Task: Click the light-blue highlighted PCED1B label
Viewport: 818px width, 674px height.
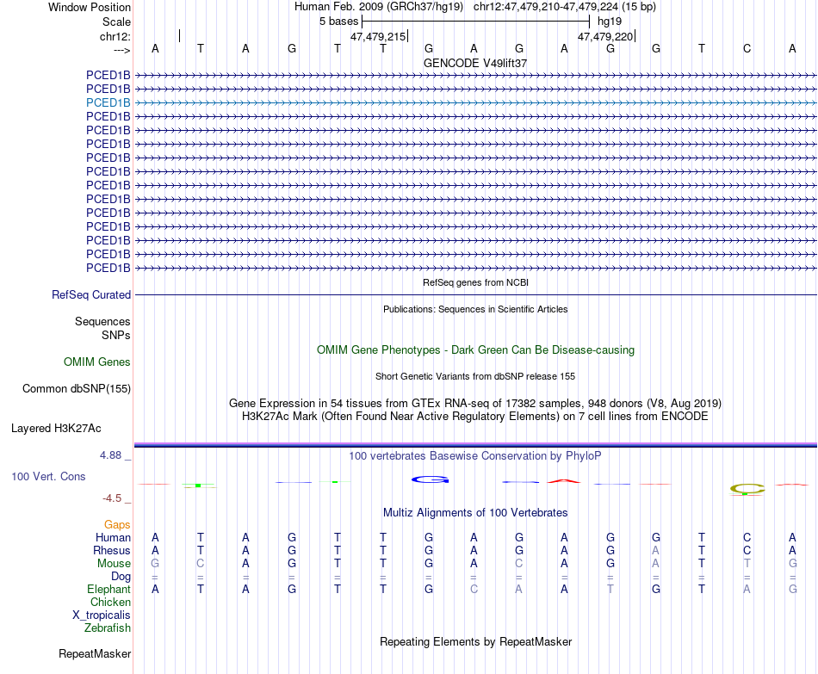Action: [108, 102]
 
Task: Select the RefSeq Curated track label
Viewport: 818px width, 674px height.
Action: [91, 294]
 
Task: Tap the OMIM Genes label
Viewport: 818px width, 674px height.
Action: [97, 362]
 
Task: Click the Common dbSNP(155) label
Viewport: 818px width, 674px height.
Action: [77, 388]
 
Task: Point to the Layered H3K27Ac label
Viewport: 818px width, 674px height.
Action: [56, 428]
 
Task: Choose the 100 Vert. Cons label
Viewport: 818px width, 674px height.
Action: [48, 476]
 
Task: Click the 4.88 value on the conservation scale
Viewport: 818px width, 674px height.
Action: [112, 454]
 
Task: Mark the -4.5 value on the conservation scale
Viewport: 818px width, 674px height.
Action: [115, 498]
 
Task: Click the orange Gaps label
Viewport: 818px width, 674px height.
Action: [117, 524]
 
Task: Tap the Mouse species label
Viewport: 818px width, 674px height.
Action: [114, 564]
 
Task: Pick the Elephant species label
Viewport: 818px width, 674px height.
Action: [108, 590]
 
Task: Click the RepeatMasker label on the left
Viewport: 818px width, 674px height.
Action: [95, 654]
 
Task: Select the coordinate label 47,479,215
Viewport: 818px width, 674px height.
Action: [377, 36]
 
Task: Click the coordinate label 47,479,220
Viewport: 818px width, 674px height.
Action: [605, 36]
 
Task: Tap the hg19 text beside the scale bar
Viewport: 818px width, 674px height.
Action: [610, 21]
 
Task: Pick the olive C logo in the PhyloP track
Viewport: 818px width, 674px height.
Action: [747, 489]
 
